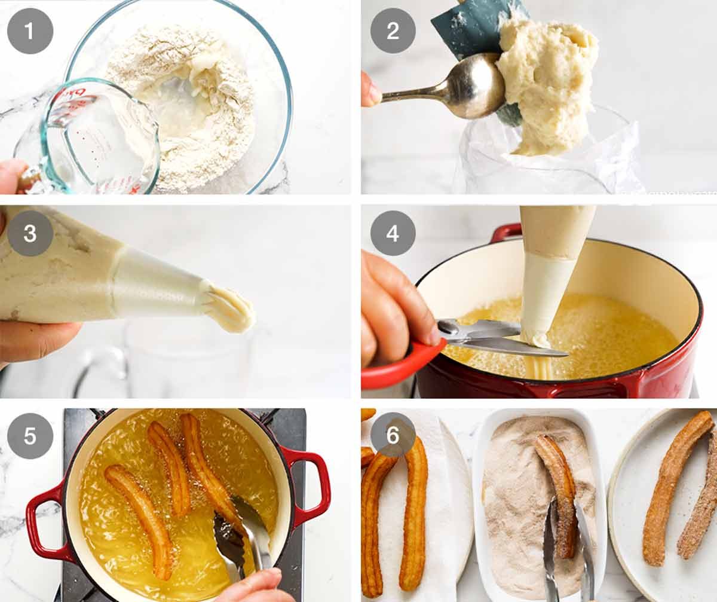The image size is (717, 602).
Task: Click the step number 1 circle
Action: pyautogui.click(x=30, y=30)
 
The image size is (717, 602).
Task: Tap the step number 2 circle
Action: pyautogui.click(x=393, y=30)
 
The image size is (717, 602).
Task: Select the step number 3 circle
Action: pyautogui.click(x=30, y=233)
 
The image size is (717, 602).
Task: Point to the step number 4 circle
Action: pyautogui.click(x=393, y=233)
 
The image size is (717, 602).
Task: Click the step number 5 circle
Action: pyautogui.click(x=30, y=436)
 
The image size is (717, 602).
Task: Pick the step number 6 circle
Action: pyautogui.click(x=393, y=436)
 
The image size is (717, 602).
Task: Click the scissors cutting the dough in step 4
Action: pyautogui.click(x=496, y=338)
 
